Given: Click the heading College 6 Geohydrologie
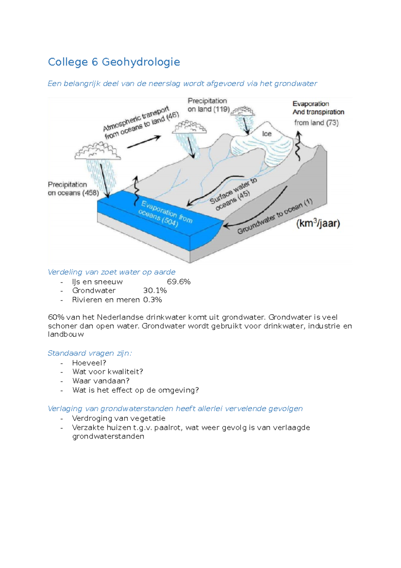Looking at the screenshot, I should tap(114, 62).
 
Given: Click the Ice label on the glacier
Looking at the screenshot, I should tap(267, 134).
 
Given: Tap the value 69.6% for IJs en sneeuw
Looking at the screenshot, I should tap(179, 282).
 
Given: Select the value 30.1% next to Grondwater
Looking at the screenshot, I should tap(155, 290).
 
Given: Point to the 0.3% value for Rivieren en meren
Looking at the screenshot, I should tap(153, 300).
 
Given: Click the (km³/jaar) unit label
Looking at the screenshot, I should tap(318, 223).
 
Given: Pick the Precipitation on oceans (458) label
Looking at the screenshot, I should tap(73, 189).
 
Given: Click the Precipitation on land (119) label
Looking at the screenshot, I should tap(209, 105).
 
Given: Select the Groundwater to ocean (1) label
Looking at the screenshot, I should tap(275, 216).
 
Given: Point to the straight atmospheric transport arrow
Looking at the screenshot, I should tap(144, 142).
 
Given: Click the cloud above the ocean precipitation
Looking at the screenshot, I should tap(98, 151).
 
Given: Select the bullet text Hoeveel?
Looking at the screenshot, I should tap(89, 363).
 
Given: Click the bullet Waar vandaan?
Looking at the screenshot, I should tap(101, 381).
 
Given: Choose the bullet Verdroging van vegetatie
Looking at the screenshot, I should tap(119, 418).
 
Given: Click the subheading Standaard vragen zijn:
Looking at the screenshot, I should tap(90, 353).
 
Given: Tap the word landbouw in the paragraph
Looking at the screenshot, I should tap(66, 334).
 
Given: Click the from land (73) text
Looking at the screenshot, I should tap(316, 123).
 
